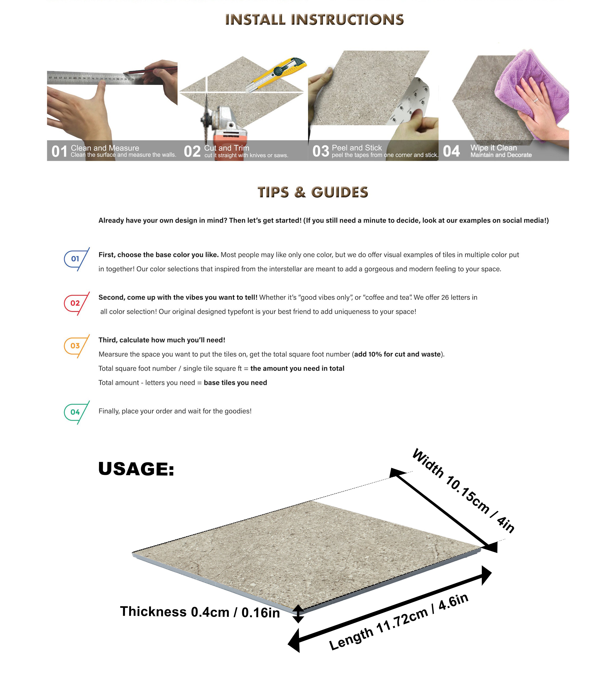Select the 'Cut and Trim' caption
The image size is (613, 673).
227,148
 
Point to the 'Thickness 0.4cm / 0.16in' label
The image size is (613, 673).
200,612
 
